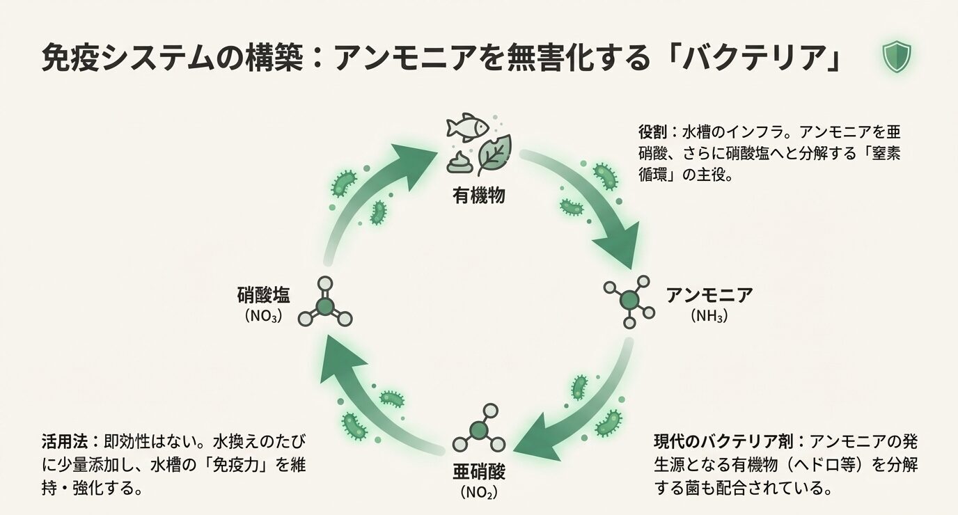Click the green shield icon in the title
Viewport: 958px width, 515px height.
[897, 57]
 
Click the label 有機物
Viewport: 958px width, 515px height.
[479, 196]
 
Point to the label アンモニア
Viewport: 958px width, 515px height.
[709, 295]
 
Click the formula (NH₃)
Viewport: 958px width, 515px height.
[709, 316]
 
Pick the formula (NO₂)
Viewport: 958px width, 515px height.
[480, 493]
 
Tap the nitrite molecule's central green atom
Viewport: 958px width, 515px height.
[478, 430]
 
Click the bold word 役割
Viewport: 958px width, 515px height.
[652, 132]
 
